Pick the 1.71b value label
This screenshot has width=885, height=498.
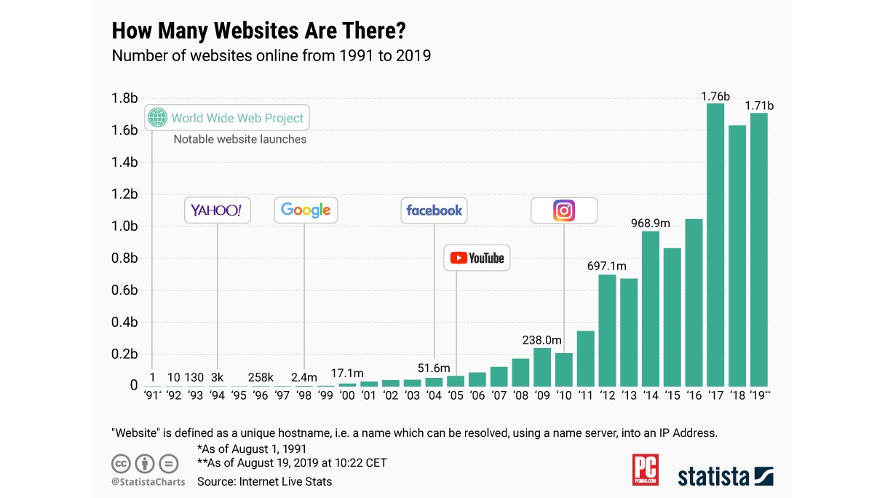759,106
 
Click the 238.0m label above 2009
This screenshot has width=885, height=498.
542,340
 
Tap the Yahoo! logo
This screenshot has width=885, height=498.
216,210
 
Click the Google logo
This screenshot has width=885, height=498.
306,210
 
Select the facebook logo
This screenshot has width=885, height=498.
434,210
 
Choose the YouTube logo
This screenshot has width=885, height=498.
477,258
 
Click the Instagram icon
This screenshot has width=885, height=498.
564,210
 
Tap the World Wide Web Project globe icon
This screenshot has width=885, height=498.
157,117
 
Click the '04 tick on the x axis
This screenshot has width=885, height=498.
434,396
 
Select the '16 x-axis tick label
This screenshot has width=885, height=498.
694,396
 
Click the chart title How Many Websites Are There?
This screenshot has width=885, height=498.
258,31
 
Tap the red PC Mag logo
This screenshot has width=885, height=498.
645,470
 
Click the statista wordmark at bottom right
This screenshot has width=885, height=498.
714,477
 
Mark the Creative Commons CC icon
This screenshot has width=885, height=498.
121,463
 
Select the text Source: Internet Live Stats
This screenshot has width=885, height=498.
264,481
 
